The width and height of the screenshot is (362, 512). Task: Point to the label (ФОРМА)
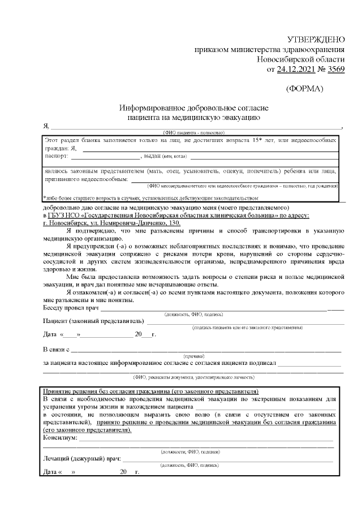point(305,89)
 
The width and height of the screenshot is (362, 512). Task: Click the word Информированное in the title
point(148,107)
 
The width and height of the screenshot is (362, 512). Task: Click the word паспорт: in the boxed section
point(57,155)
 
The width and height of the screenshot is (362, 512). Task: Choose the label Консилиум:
point(60,437)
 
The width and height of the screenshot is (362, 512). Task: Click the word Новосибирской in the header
point(300,59)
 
